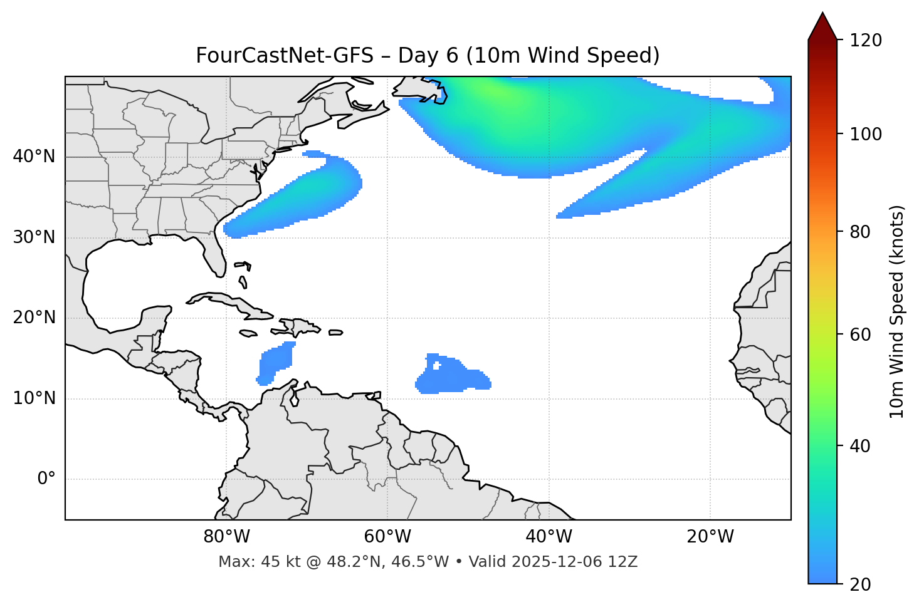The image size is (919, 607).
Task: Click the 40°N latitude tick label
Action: (x=34, y=157)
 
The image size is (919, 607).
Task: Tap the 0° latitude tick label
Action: (x=46, y=479)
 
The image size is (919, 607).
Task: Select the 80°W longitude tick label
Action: (x=226, y=537)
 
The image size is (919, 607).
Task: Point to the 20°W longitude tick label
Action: (x=710, y=537)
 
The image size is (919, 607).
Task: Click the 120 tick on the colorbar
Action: (x=866, y=40)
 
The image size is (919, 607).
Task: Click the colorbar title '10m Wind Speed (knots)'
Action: (x=897, y=312)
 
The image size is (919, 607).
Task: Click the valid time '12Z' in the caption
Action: (x=622, y=562)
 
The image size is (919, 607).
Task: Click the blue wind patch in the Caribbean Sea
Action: (x=276, y=363)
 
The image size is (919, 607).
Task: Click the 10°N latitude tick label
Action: (x=34, y=398)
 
